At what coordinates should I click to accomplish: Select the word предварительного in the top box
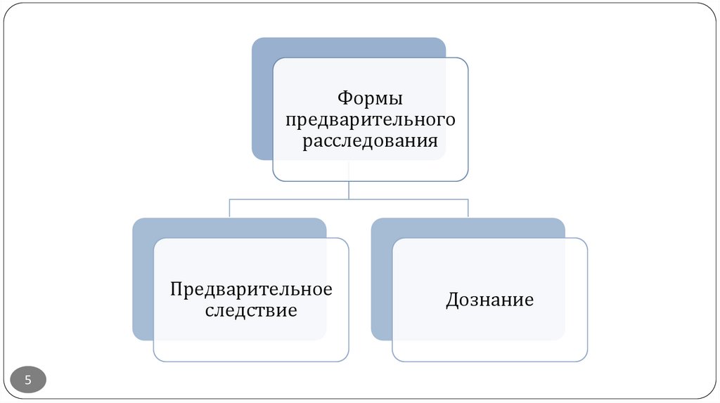(x=370, y=119)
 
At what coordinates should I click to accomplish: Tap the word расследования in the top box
(x=370, y=141)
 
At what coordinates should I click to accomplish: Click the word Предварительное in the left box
(x=251, y=289)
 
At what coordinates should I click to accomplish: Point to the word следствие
(x=251, y=310)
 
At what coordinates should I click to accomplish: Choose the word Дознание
(x=489, y=300)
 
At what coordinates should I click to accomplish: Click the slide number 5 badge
(x=28, y=381)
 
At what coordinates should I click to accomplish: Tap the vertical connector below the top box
(x=349, y=190)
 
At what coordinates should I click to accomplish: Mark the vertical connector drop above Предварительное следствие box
(x=230, y=209)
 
